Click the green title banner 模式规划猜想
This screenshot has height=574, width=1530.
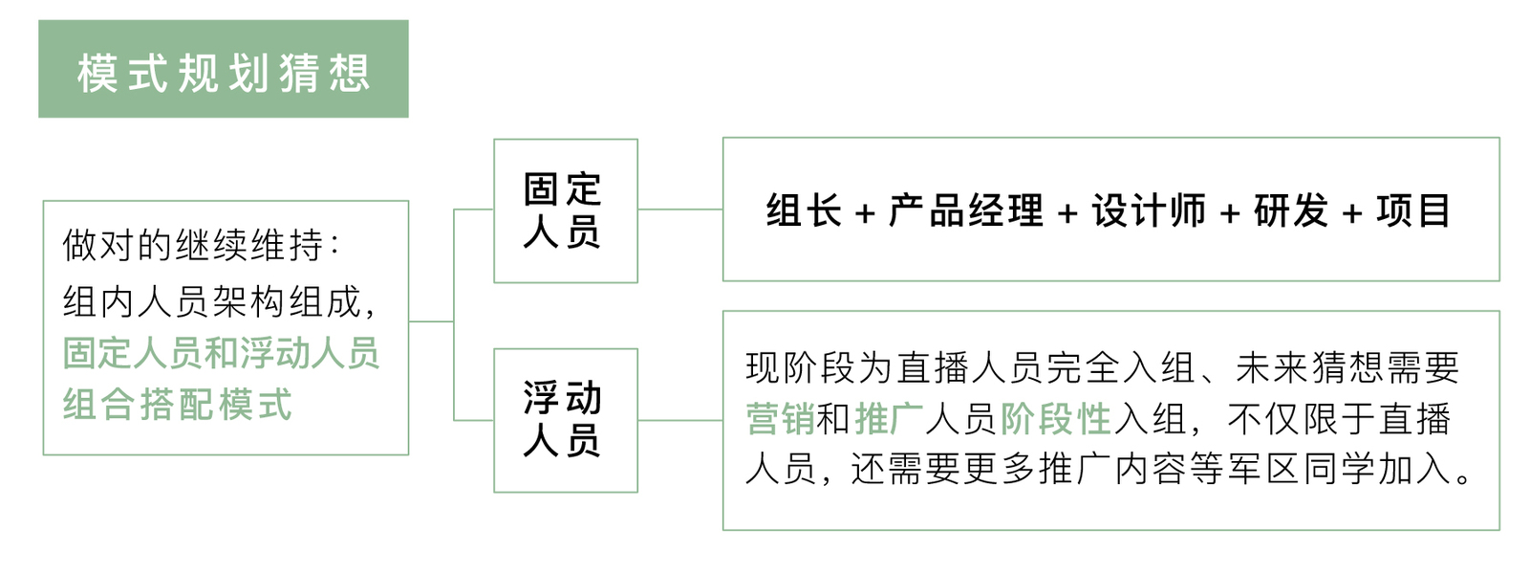223,70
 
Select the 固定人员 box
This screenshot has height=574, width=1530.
565,210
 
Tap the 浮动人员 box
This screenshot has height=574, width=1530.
565,420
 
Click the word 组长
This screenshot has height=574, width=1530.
804,210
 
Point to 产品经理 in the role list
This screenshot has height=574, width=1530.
965,210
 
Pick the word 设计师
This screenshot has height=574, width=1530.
1149,210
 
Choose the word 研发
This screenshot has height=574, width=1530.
1291,210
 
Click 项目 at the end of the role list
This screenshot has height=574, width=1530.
1413,210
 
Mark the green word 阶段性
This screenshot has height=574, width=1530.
1056,419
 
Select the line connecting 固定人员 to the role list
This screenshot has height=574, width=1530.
679,209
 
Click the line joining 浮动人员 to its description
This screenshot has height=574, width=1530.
679,420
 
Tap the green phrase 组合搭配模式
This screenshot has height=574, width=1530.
178,404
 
